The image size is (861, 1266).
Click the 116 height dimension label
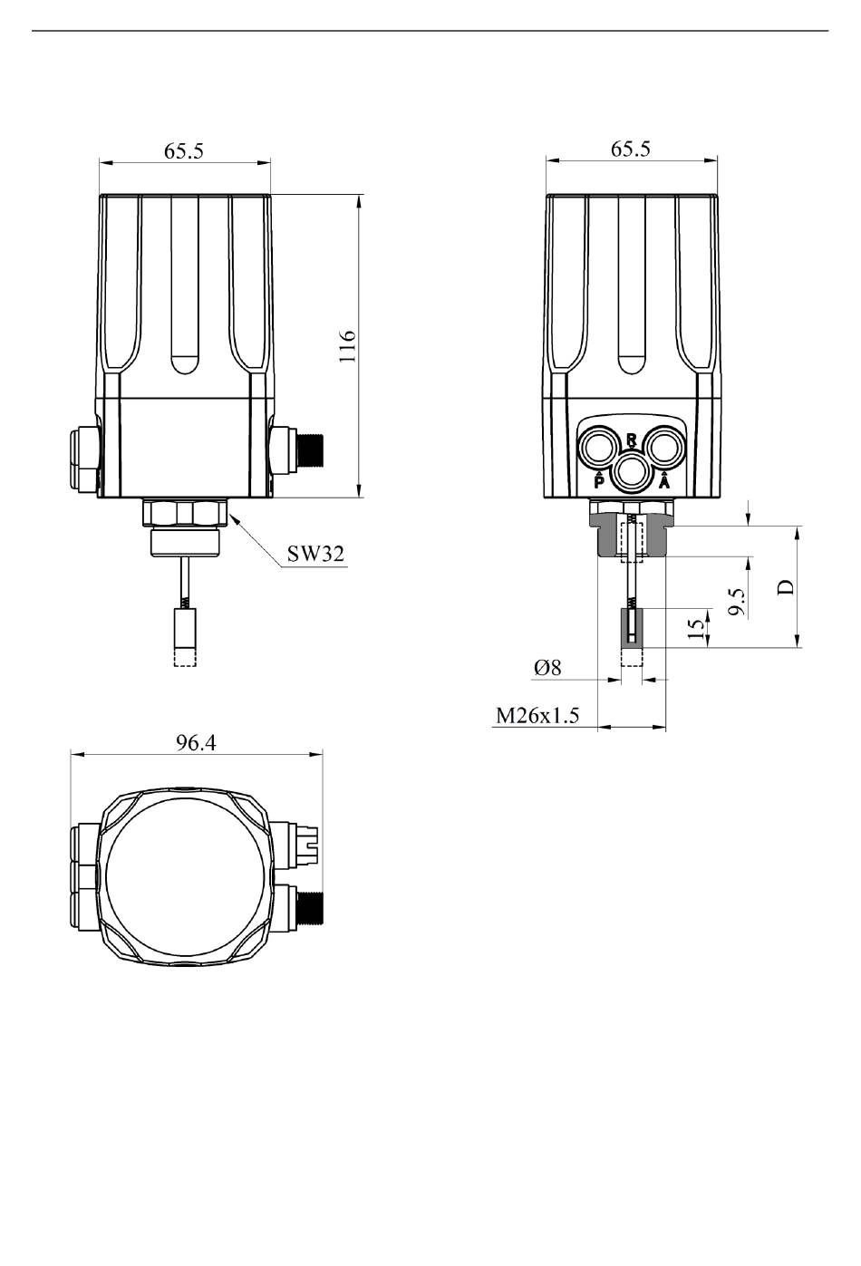pyautogui.click(x=348, y=346)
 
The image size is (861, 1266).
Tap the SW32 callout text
pyautogui.click(x=315, y=554)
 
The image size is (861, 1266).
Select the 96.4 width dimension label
pyautogui.click(x=196, y=742)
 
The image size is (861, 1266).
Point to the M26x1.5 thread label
pyautogui.click(x=537, y=716)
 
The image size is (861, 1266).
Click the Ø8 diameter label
pyautogui.click(x=547, y=668)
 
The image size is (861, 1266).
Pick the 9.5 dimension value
pyautogui.click(x=736, y=603)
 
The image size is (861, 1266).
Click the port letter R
pyautogui.click(x=632, y=440)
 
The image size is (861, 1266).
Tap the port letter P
pyautogui.click(x=599, y=482)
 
